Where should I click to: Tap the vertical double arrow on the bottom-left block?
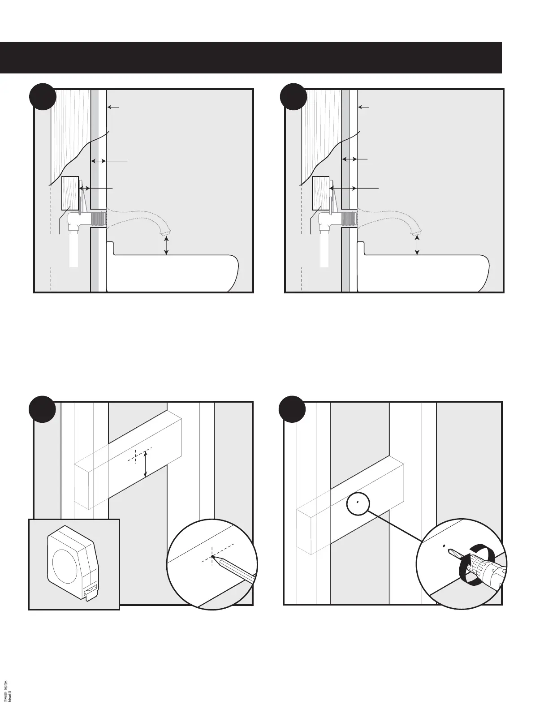point(145,464)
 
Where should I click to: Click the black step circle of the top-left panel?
point(42,97)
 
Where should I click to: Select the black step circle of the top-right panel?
point(293,97)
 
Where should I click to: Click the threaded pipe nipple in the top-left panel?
point(99,219)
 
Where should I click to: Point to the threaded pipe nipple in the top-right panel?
point(350,219)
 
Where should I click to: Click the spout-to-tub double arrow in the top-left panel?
point(167,247)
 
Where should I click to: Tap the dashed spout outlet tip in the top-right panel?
point(417,231)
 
